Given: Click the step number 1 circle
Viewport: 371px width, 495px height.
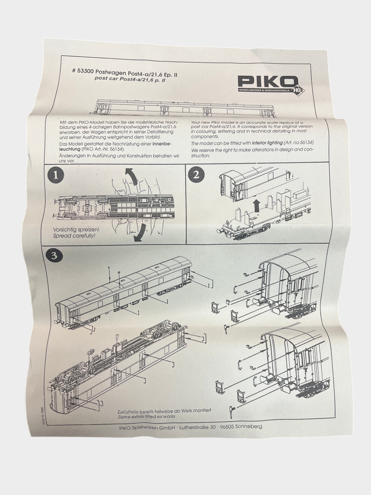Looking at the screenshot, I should (55, 175).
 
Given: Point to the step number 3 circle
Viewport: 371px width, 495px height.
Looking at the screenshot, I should (54, 256).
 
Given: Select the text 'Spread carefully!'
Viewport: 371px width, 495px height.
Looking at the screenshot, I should (74, 236).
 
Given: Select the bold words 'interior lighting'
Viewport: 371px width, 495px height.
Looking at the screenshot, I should (267, 143).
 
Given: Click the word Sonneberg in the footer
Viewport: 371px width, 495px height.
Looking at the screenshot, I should (249, 426).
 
